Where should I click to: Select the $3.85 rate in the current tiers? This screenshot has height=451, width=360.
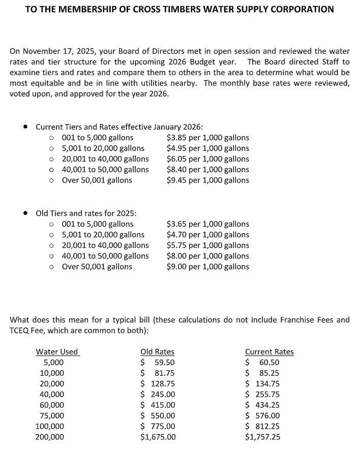[176, 138]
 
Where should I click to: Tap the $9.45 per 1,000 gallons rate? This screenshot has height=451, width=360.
[207, 180]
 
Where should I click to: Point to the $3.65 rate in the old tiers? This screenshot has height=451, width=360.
[176, 224]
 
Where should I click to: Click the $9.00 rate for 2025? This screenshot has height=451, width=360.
[176, 266]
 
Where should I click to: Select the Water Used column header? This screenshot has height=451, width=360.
[57, 352]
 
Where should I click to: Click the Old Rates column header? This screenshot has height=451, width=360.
[157, 352]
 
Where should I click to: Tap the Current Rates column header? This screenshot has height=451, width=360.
[269, 352]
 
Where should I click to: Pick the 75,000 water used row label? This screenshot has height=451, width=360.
[52, 415]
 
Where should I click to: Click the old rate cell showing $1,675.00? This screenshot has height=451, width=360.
[158, 437]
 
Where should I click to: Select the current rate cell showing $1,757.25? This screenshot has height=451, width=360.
[262, 437]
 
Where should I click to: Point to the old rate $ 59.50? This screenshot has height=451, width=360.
[158, 363]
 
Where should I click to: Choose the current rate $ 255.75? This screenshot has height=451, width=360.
[262, 394]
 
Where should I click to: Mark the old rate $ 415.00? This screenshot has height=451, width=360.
[158, 405]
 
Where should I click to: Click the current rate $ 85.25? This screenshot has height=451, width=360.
[262, 373]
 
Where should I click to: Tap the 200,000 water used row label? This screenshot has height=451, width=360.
[50, 437]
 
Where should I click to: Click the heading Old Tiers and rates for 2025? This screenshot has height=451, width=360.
[86, 213]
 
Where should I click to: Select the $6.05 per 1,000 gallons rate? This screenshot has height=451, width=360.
[207, 159]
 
